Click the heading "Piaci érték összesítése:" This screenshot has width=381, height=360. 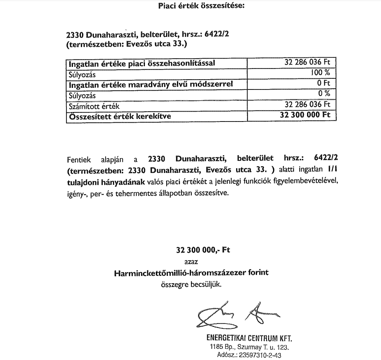point(201,6)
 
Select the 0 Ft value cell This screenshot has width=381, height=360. point(324,83)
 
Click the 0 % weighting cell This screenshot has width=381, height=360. point(324,93)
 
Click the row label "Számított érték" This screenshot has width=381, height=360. point(92,106)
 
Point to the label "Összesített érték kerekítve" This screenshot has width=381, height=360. point(120,116)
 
